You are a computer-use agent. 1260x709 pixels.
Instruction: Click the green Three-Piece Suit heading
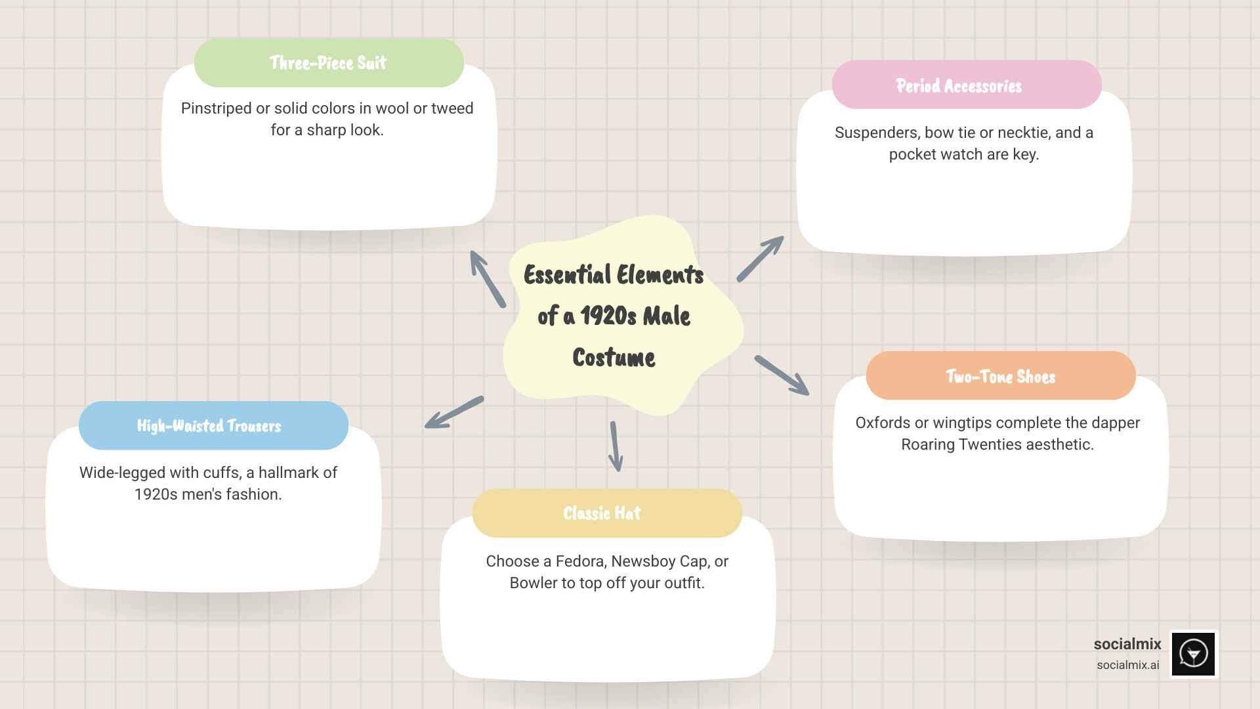[328, 63]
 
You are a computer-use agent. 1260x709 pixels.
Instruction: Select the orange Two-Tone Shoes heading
[1000, 376]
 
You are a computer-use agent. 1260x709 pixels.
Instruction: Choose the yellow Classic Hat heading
[602, 513]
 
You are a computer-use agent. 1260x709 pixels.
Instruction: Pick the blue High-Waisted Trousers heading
[209, 426]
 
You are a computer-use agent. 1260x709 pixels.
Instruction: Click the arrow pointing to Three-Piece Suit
[487, 278]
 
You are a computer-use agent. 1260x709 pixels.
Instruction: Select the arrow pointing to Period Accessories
[760, 259]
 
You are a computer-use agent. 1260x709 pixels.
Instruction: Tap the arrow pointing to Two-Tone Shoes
[782, 376]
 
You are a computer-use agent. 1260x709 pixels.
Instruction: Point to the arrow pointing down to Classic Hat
[615, 446]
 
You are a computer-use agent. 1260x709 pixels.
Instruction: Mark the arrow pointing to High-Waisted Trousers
[454, 413]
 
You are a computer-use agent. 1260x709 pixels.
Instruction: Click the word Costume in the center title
[614, 358]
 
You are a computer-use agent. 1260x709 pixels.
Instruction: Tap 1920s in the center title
[608, 316]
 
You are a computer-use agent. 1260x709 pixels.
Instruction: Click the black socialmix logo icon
[1193, 654]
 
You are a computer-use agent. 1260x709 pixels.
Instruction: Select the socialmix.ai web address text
[1127, 665]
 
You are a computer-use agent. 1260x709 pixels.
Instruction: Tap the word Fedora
[580, 561]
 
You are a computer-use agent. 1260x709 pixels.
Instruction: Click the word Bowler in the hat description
[533, 583]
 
